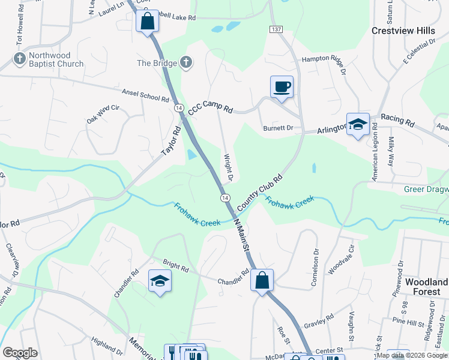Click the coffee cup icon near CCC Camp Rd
[282, 87]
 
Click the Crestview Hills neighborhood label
[403, 31]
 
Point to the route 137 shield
[276, 29]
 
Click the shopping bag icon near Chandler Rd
[262, 280]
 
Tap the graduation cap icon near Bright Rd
[160, 280]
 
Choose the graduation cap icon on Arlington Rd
[358, 125]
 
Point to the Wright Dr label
[228, 169]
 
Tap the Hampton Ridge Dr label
[324, 59]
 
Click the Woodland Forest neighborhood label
[426, 287]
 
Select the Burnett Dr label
[277, 128]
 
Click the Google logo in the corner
[20, 353]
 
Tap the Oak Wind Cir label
[104, 114]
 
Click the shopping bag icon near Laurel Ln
[146, 22]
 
